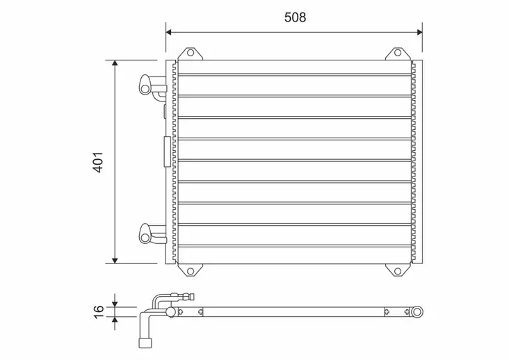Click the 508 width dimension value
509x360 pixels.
(295, 17)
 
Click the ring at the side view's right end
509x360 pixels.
(417, 312)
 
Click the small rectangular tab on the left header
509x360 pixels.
(165, 152)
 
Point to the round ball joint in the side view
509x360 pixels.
(168, 313)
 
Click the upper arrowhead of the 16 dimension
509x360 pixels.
(115, 304)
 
